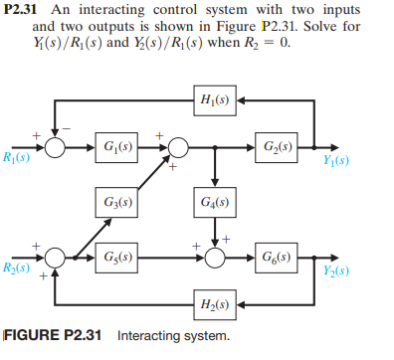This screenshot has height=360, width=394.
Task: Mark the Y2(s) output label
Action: pos(335,269)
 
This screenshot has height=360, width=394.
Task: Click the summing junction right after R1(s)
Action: pos(56,149)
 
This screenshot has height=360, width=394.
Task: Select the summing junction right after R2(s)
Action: pos(56,257)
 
